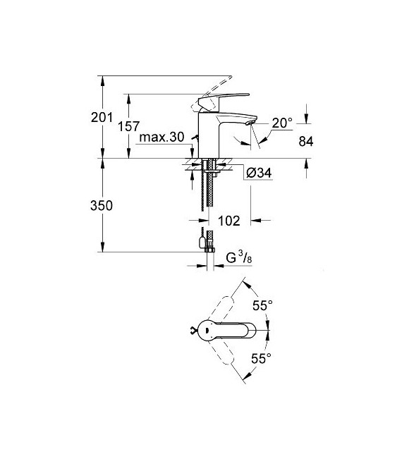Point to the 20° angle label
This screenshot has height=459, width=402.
(281, 123)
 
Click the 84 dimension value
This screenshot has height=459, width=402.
(305, 141)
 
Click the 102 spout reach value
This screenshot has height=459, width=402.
(229, 221)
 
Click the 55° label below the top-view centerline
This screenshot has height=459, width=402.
(262, 358)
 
